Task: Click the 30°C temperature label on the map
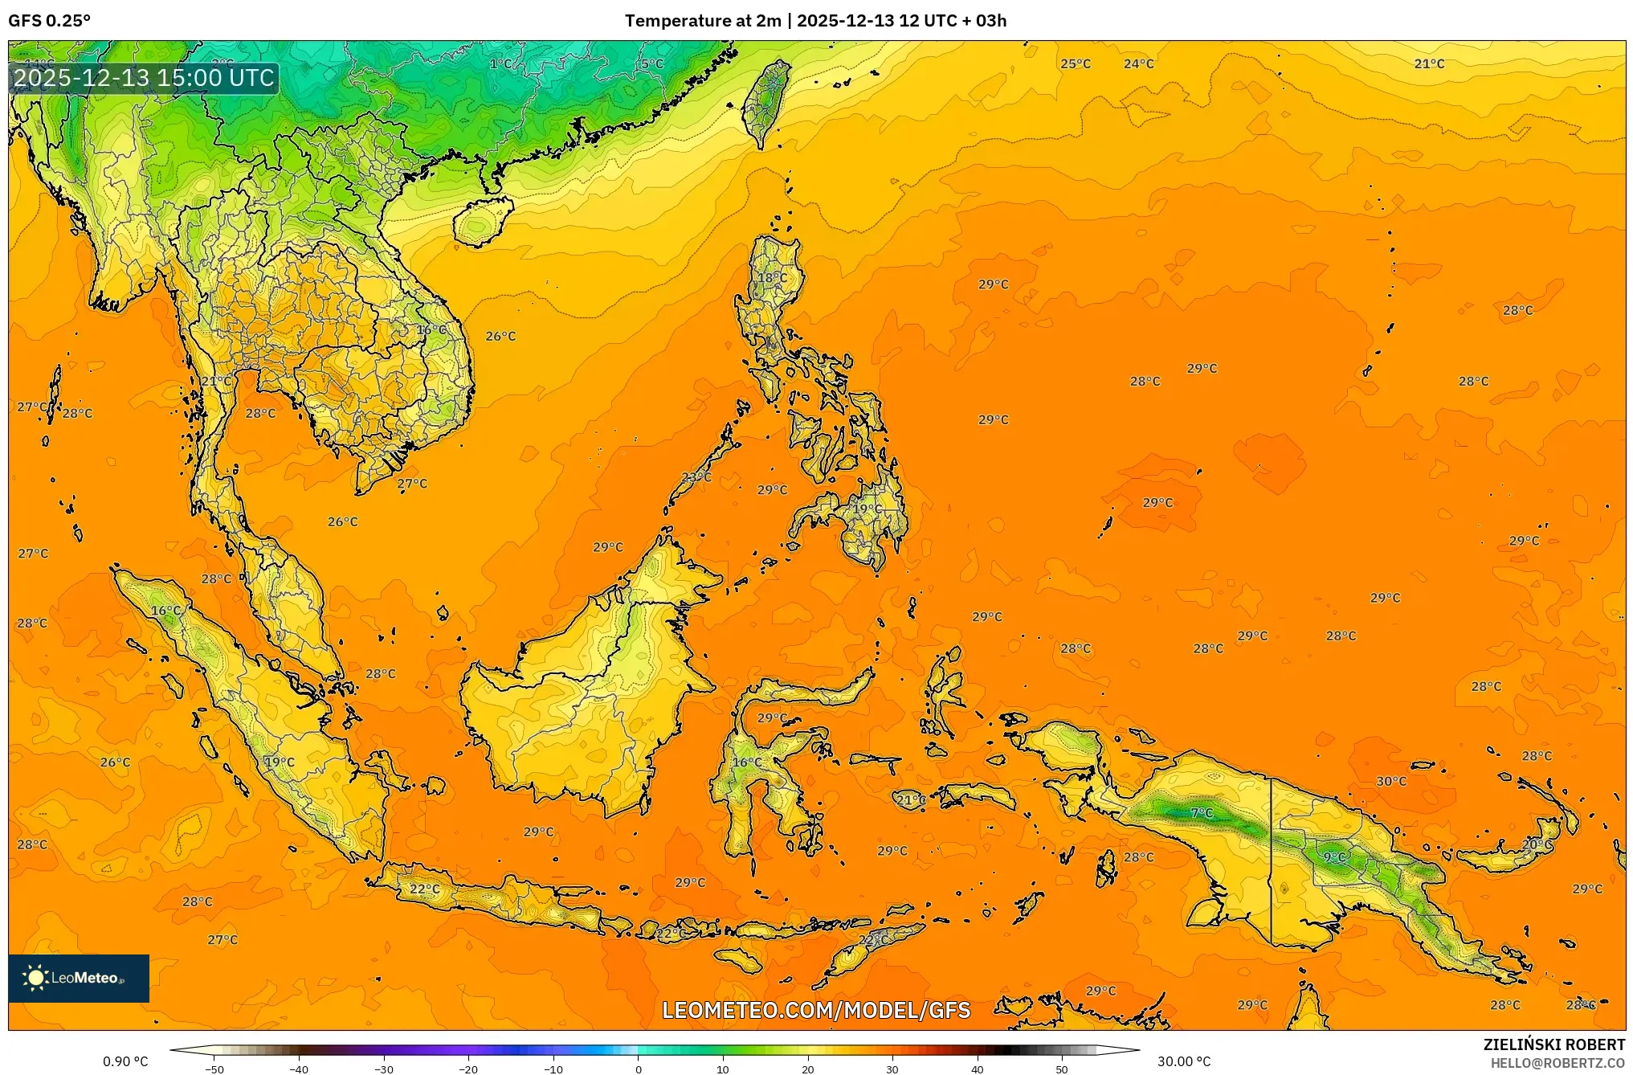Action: [1391, 781]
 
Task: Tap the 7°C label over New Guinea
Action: [1202, 813]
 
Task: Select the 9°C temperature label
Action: [1334, 857]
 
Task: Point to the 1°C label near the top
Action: [500, 63]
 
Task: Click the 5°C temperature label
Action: [652, 63]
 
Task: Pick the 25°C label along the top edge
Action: [1076, 63]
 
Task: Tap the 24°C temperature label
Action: [1138, 63]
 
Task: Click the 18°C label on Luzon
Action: [772, 277]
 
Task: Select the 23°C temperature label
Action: [696, 477]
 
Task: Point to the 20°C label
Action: [1537, 844]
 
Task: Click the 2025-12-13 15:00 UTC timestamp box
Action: [145, 78]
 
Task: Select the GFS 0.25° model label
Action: [50, 21]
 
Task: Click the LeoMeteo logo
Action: [79, 978]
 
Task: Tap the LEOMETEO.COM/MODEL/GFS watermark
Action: [816, 1010]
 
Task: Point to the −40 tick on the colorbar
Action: [299, 1069]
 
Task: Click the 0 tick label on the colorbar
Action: [639, 1069]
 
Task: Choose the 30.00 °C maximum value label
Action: [1183, 1061]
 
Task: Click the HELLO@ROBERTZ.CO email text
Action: [1557, 1063]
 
